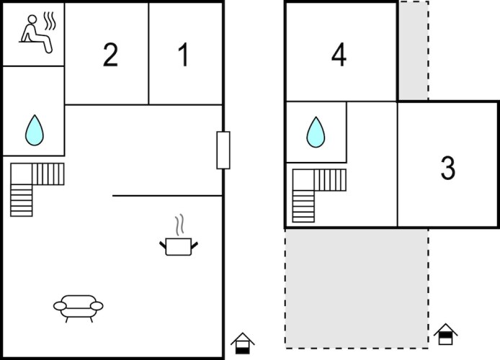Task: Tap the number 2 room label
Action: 111,55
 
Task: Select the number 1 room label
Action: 183,55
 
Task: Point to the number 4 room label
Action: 339,55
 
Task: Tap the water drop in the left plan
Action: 35,130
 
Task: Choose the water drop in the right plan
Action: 316,132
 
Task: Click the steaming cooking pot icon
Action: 179,235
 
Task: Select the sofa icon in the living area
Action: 78,308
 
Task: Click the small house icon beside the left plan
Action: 243,343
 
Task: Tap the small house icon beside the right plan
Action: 445,334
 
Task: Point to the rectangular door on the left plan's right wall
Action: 223,150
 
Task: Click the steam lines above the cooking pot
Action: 180,225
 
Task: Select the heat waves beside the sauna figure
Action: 50,21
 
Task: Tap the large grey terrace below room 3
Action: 357,288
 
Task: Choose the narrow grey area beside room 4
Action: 414,51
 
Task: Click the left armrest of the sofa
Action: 60,306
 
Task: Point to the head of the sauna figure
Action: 32,19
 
